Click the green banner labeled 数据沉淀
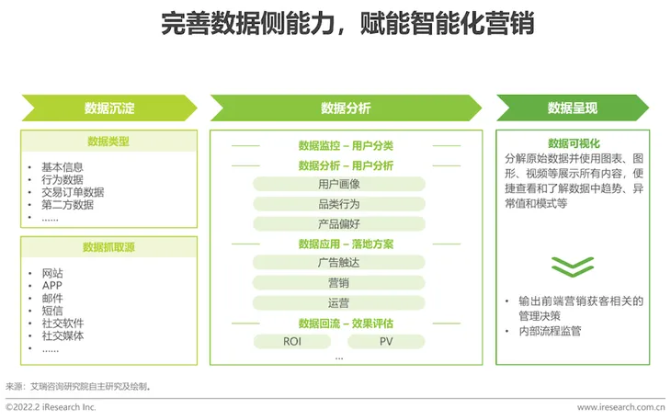coord(109,108)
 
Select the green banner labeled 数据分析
coord(346,108)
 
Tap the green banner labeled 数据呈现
coord(572,108)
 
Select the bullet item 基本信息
coord(63,166)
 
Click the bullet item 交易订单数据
coord(73,192)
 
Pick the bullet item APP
coord(52,286)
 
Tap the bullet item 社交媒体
coord(63,336)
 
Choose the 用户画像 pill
coord(338,184)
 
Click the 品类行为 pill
coord(338,204)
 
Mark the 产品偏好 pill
coord(338,224)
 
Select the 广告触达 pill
coord(338,263)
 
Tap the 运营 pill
coord(338,302)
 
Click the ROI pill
coord(291,342)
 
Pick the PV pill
coord(386,342)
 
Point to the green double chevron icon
coord(572,266)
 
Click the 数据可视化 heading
coord(571,143)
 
